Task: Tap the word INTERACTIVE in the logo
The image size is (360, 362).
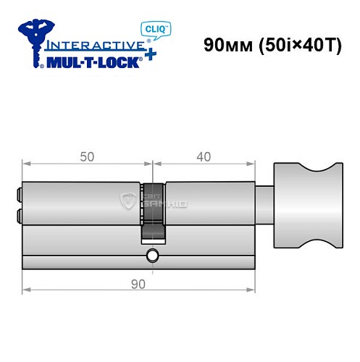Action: tap(93, 44)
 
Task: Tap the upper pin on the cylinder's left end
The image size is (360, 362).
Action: tap(17, 194)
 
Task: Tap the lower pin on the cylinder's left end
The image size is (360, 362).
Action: tap(17, 214)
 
